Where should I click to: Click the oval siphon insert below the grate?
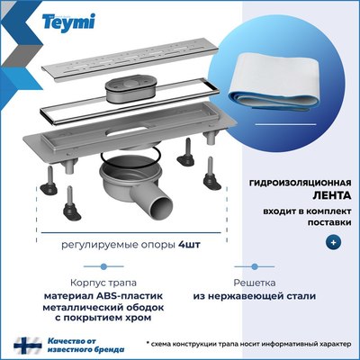point(130,90)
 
